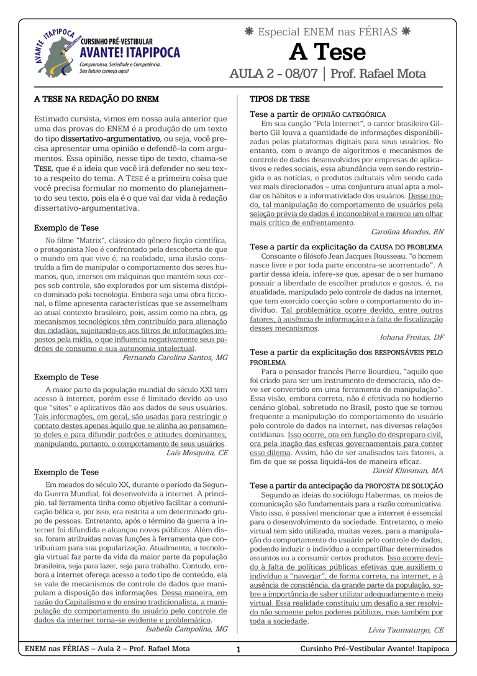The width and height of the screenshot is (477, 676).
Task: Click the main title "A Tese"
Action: [x=327, y=52]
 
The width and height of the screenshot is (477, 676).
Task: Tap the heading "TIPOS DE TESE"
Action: [x=279, y=99]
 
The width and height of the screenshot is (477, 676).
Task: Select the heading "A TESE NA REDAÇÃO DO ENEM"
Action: [x=96, y=99]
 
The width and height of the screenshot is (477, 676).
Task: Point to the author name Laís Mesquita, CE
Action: [x=197, y=453]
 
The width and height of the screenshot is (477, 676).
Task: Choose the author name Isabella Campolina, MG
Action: [x=186, y=629]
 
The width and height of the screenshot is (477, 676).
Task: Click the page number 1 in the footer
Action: [x=238, y=650]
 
